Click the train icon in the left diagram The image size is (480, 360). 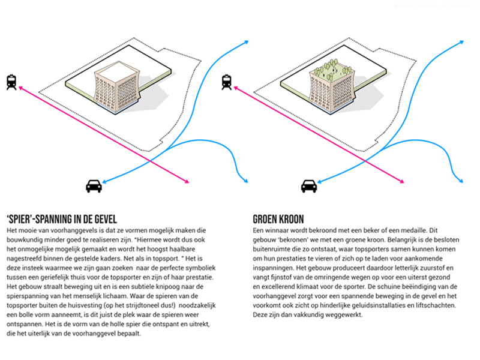tap(11, 82)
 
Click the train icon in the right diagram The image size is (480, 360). tap(227, 82)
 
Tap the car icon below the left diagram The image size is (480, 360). tap(94, 186)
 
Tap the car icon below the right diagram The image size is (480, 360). tap(309, 186)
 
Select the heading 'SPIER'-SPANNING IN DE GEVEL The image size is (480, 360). tap(62, 219)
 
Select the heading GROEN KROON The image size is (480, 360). tap(278, 219)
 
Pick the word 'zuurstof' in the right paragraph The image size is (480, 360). tap(433, 268)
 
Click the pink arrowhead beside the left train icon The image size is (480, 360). tap(21, 88)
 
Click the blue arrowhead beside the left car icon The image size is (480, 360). tap(104, 182)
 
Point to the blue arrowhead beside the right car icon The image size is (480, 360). tap(320, 182)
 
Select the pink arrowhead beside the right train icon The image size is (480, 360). tap(236, 88)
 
